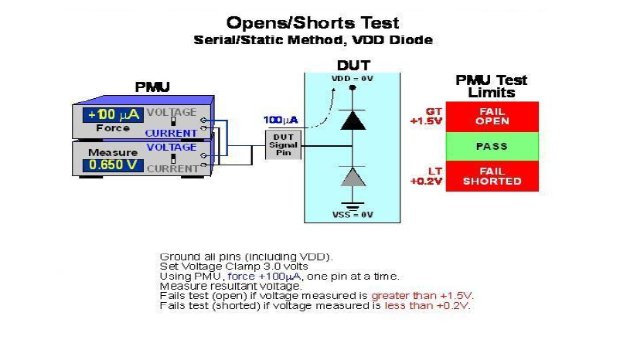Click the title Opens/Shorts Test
click(x=312, y=22)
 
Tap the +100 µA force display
click(x=112, y=115)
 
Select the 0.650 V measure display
click(x=112, y=165)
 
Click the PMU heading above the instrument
click(x=152, y=87)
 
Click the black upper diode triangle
click(x=353, y=119)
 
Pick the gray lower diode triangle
click(x=353, y=176)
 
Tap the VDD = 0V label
click(x=353, y=79)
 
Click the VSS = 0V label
click(x=353, y=214)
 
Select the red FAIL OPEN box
click(x=492, y=117)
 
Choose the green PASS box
click(x=492, y=146)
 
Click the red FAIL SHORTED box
click(x=492, y=176)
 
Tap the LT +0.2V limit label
click(x=426, y=176)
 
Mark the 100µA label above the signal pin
click(x=280, y=121)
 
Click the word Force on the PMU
click(x=113, y=128)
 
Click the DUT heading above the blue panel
click(x=353, y=66)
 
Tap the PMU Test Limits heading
click(x=492, y=86)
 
